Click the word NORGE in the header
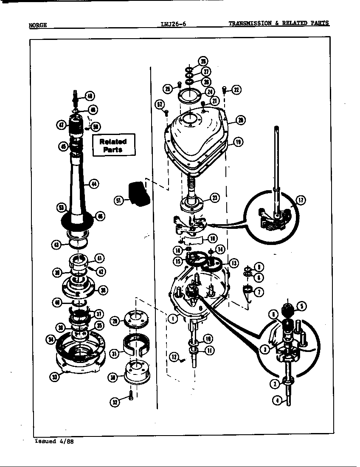[37, 25]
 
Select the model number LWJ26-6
[173, 24]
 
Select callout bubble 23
[215, 197]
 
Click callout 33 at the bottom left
[54, 376]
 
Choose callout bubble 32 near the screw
[115, 402]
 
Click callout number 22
[236, 90]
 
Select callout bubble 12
[173, 357]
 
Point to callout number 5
[301, 306]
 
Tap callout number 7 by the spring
[259, 292]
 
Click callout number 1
[172, 319]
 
